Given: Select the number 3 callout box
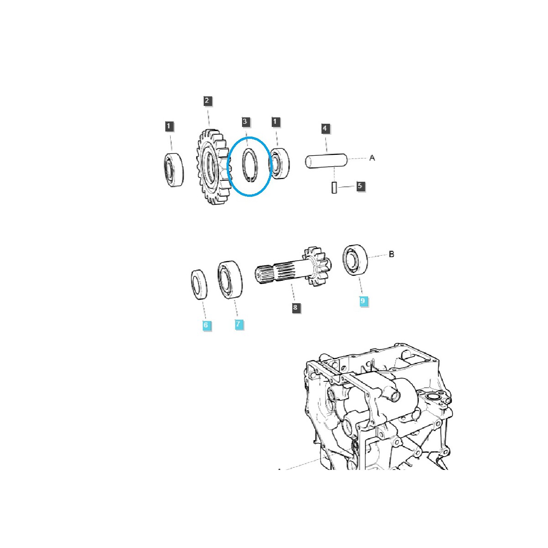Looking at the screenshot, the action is coord(245,122).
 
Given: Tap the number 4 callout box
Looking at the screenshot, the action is coord(325,128).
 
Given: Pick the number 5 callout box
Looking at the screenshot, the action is coord(360,186).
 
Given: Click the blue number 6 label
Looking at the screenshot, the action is coord(206,325).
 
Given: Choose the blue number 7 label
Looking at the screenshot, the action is coord(238,324).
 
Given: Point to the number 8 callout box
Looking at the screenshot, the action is coord(295,307).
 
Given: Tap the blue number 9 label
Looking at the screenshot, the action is coord(363,300).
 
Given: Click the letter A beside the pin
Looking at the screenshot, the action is coord(372,158).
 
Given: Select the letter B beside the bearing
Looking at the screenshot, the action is coord(391,254).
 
